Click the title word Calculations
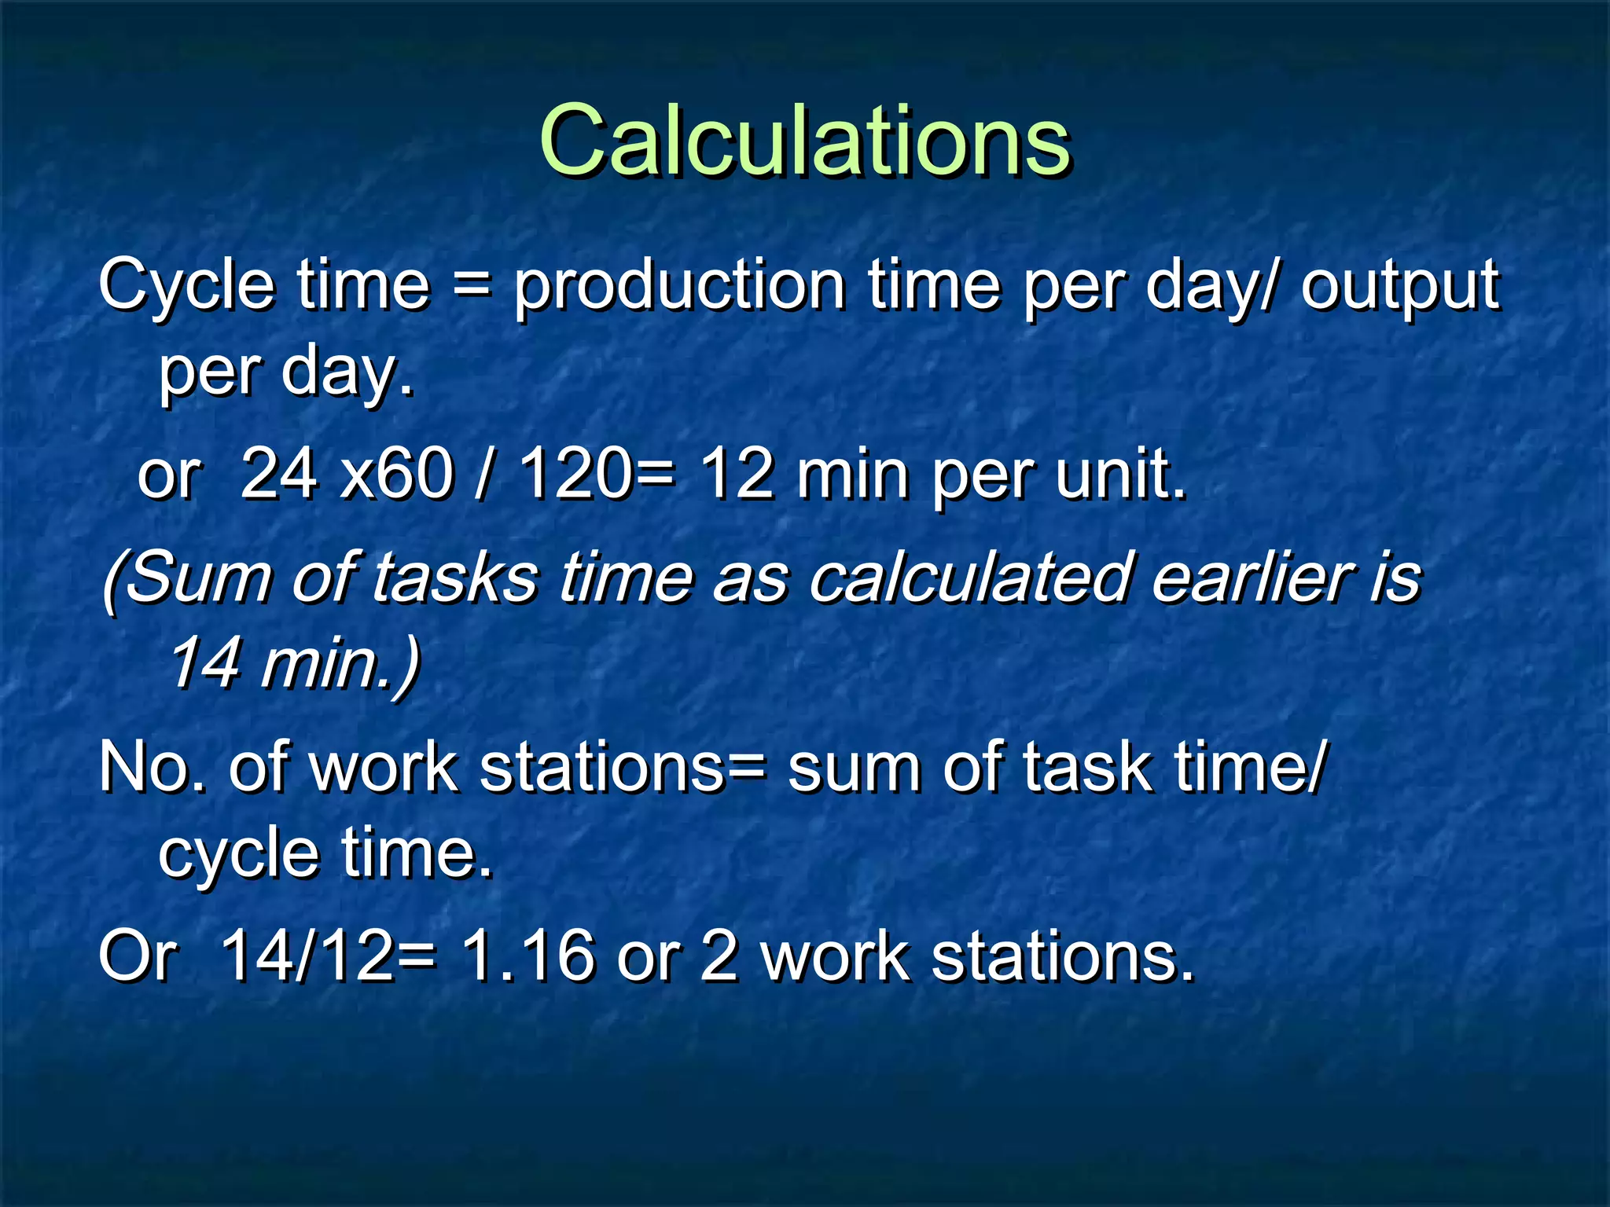(x=804, y=141)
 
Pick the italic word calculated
(x=969, y=578)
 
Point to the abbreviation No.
(x=153, y=767)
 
